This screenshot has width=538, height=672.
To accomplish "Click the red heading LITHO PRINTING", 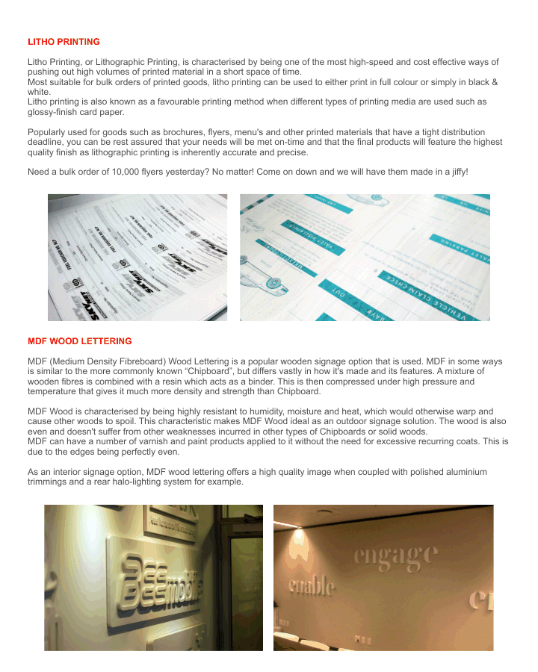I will coord(64,42).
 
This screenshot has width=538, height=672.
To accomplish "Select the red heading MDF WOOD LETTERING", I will coord(79,341).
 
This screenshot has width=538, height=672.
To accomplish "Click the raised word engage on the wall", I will coord(396,555).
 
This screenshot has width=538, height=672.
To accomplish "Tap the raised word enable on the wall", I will coord(312,585).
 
